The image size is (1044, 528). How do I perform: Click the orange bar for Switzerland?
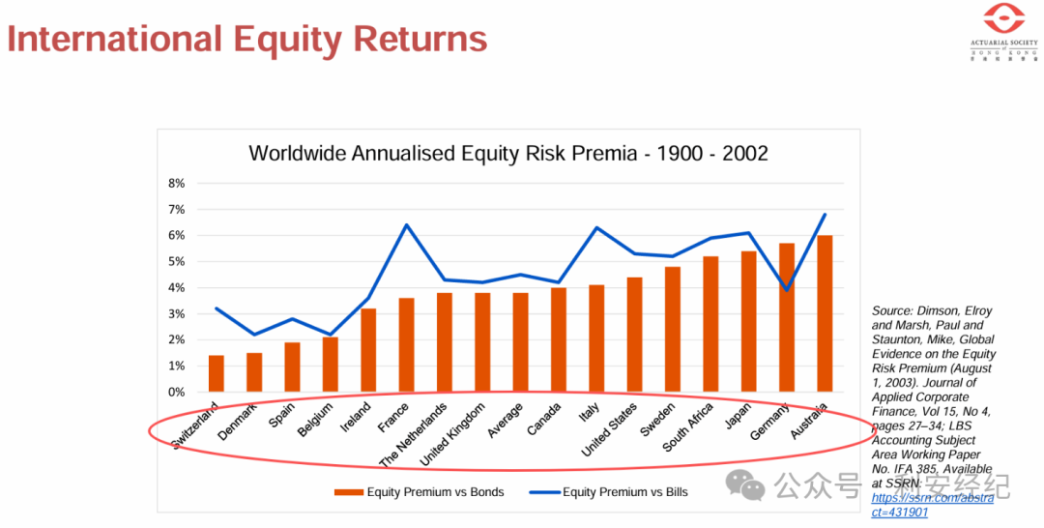click(216, 373)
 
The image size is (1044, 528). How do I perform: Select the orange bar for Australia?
click(825, 313)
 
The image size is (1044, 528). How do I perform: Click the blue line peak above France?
click(406, 224)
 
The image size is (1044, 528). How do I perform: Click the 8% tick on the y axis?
click(176, 183)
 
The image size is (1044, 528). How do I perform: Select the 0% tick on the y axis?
click(176, 392)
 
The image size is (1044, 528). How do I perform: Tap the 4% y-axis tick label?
click(176, 287)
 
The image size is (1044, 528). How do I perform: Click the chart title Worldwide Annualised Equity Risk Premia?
click(508, 153)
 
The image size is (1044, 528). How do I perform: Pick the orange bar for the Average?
click(520, 342)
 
